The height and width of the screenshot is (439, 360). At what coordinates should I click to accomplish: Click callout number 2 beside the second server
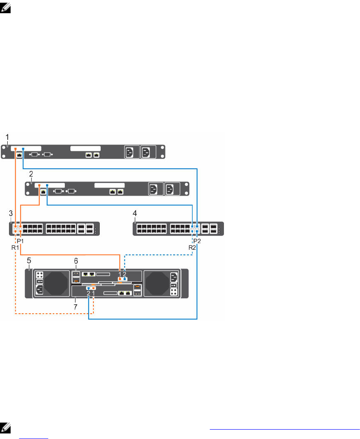coord(31,174)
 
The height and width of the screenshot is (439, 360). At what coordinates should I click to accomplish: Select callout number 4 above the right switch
coord(135,213)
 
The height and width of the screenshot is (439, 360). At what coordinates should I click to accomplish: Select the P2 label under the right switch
coord(197,241)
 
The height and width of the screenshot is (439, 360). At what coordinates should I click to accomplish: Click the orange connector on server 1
coord(15,149)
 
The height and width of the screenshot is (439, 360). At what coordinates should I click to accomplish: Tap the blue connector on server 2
coord(47,185)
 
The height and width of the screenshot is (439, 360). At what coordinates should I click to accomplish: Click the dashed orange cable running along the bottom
coord(51,315)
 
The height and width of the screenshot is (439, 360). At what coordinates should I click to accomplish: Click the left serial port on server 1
coord(34,154)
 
